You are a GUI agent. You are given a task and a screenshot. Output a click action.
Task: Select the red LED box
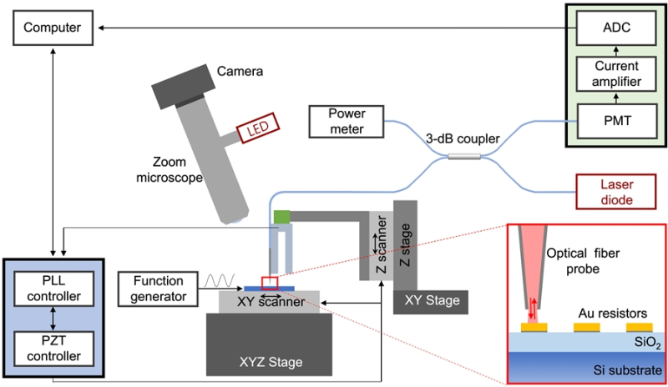click(256, 131)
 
